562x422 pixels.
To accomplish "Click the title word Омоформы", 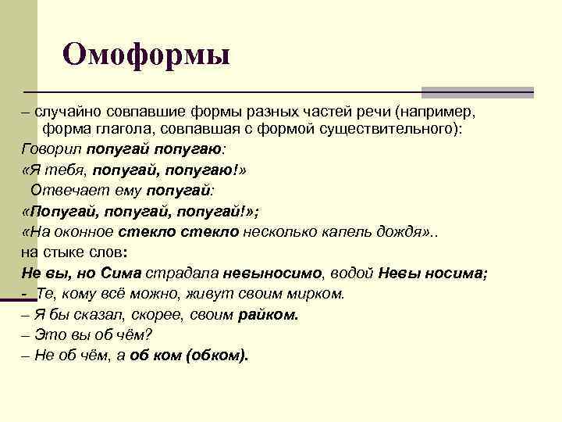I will coord(147,54).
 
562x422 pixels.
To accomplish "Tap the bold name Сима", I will coord(120,274).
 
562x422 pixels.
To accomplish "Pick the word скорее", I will coord(155,315).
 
